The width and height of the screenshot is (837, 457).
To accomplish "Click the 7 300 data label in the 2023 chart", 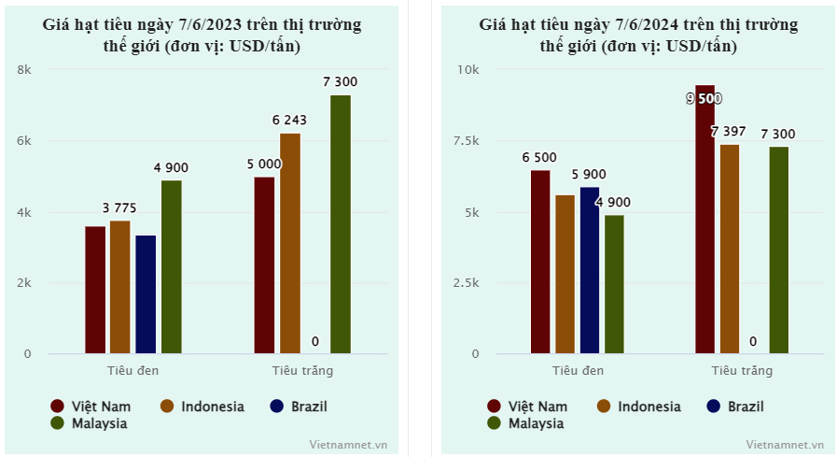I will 340,82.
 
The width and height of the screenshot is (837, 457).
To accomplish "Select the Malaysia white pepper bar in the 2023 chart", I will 340,224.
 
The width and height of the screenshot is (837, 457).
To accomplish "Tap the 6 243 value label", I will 289,120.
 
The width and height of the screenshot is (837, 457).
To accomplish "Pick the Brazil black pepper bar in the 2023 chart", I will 146,294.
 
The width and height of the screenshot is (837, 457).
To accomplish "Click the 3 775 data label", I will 119,207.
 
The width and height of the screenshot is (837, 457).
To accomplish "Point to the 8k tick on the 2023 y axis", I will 24,70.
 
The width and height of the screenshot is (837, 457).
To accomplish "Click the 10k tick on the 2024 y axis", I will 467,70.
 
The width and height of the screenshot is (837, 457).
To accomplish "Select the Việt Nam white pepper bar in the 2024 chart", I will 704,220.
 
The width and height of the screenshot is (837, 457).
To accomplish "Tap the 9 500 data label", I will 704,99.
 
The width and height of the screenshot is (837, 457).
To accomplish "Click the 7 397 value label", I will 728,132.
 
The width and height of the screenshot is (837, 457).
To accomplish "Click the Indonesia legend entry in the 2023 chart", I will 202,407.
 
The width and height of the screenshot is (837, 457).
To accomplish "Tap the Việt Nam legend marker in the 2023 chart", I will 58,407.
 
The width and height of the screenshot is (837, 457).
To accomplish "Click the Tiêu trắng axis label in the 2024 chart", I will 742,371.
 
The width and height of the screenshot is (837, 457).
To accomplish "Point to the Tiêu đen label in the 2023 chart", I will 133,370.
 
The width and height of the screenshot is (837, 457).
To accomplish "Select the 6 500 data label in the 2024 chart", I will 540,157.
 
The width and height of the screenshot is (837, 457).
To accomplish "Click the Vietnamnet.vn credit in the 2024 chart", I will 786,445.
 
